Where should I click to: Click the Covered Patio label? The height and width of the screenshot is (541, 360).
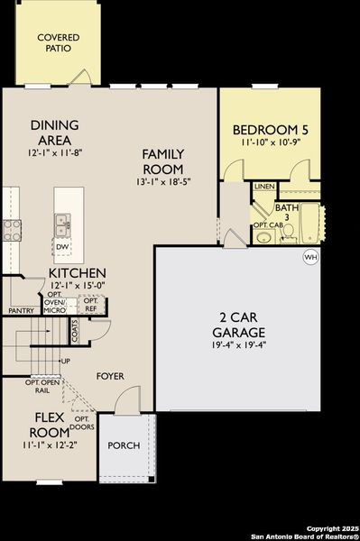pyautogui.click(x=58, y=43)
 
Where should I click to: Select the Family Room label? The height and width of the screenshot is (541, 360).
pyautogui.click(x=163, y=161)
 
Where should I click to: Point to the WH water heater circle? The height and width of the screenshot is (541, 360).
pyautogui.click(x=311, y=257)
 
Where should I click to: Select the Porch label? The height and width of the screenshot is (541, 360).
pyautogui.click(x=124, y=446)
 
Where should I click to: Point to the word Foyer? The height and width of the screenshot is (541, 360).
pyautogui.click(x=111, y=376)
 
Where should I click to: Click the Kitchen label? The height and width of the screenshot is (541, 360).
pyautogui.click(x=78, y=272)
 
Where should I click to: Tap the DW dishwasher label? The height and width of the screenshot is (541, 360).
pyautogui.click(x=62, y=246)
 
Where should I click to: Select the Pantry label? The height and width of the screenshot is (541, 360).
pyautogui.click(x=21, y=311)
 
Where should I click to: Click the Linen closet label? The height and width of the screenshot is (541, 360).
pyautogui.click(x=263, y=187)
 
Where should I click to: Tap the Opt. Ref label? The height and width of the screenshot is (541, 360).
pyautogui.click(x=90, y=304)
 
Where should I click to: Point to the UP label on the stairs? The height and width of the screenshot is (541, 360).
pyautogui.click(x=65, y=362)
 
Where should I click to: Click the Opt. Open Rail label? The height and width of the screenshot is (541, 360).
pyautogui.click(x=43, y=386)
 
